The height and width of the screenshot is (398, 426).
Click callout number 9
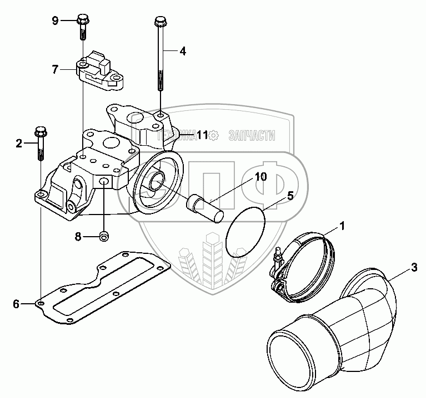pyautogui.click(x=55, y=21)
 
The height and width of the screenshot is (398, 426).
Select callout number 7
pyautogui.click(x=55, y=69)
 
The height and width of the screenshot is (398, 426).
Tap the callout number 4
pyautogui.click(x=182, y=51)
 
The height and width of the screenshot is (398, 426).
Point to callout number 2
pyautogui.click(x=19, y=144)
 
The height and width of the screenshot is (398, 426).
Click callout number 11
pyautogui.click(x=201, y=134)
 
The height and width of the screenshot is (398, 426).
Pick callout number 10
pyautogui.click(x=261, y=177)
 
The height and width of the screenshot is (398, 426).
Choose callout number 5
pyautogui.click(x=290, y=195)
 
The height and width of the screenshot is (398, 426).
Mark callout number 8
pyautogui.click(x=78, y=237)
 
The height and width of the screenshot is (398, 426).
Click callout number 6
pyautogui.click(x=17, y=304)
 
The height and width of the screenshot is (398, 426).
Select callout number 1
pyautogui.click(x=343, y=226)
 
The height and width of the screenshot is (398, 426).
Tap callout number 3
pyautogui.click(x=414, y=268)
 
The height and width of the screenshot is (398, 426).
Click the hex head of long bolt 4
pyautogui.click(x=159, y=22)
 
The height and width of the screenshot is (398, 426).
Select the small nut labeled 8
pyautogui.click(x=104, y=237)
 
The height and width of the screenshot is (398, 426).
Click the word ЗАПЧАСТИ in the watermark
pyautogui.click(x=252, y=135)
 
